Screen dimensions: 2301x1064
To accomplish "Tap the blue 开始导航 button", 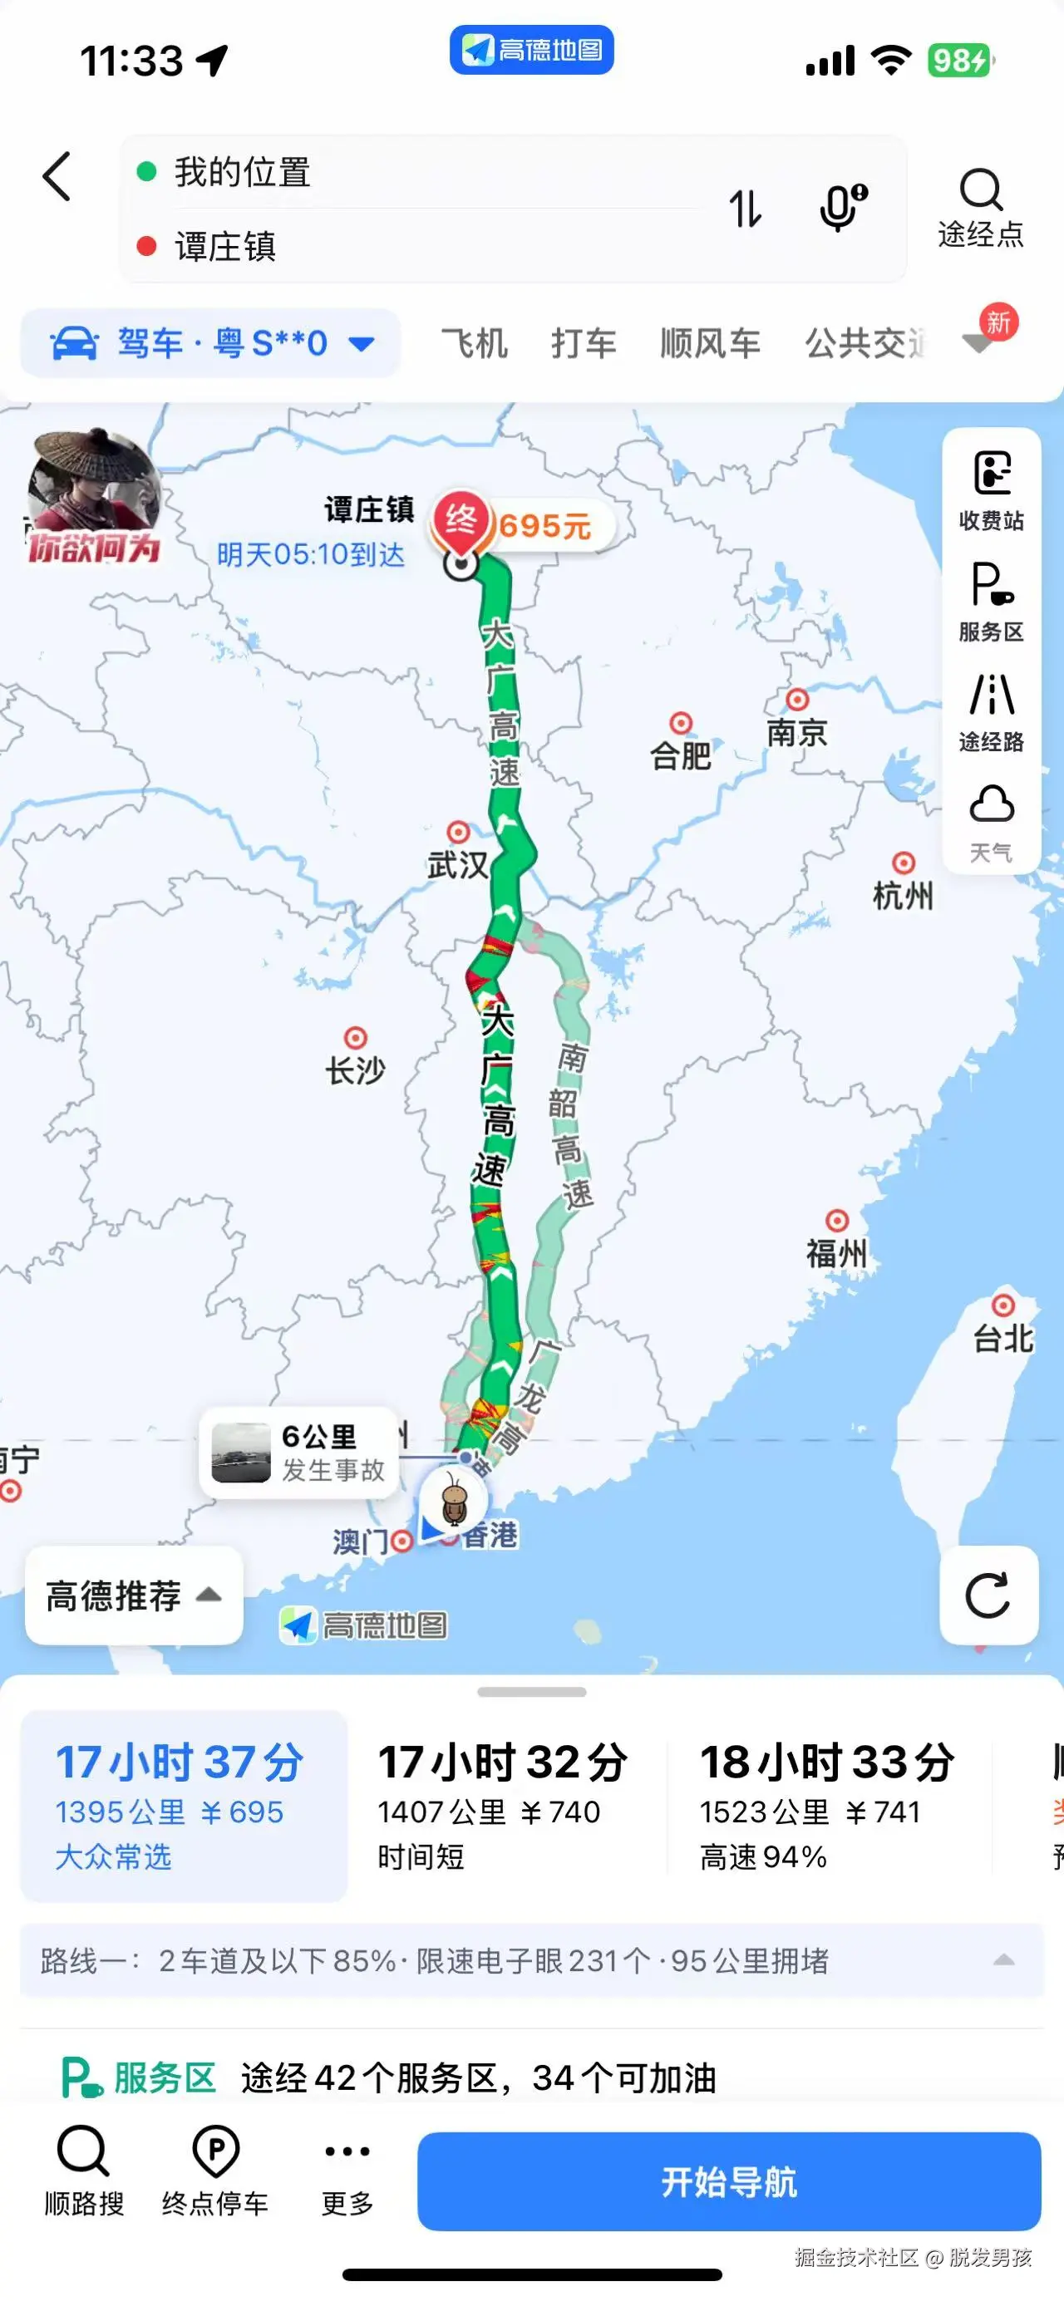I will [728, 2181].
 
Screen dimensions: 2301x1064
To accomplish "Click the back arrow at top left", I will [57, 176].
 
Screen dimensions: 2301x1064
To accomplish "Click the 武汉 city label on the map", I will [457, 863].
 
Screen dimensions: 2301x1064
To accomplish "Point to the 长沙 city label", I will [356, 1069].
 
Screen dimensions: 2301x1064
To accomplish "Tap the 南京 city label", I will [797, 731].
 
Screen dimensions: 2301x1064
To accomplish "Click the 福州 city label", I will [836, 1252].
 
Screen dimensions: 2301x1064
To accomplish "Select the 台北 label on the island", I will [1002, 1337].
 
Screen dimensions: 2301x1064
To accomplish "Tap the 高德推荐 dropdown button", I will [133, 1595].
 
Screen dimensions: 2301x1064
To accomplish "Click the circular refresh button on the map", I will [988, 1595].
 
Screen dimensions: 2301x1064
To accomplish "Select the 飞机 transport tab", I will [475, 343].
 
